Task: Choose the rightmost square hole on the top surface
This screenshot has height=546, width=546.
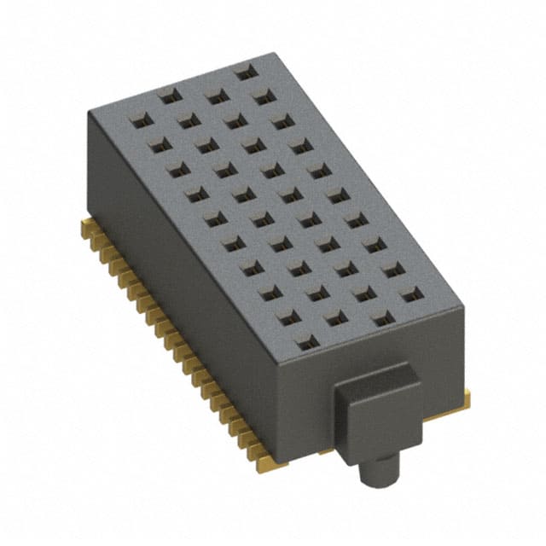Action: [412, 294]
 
